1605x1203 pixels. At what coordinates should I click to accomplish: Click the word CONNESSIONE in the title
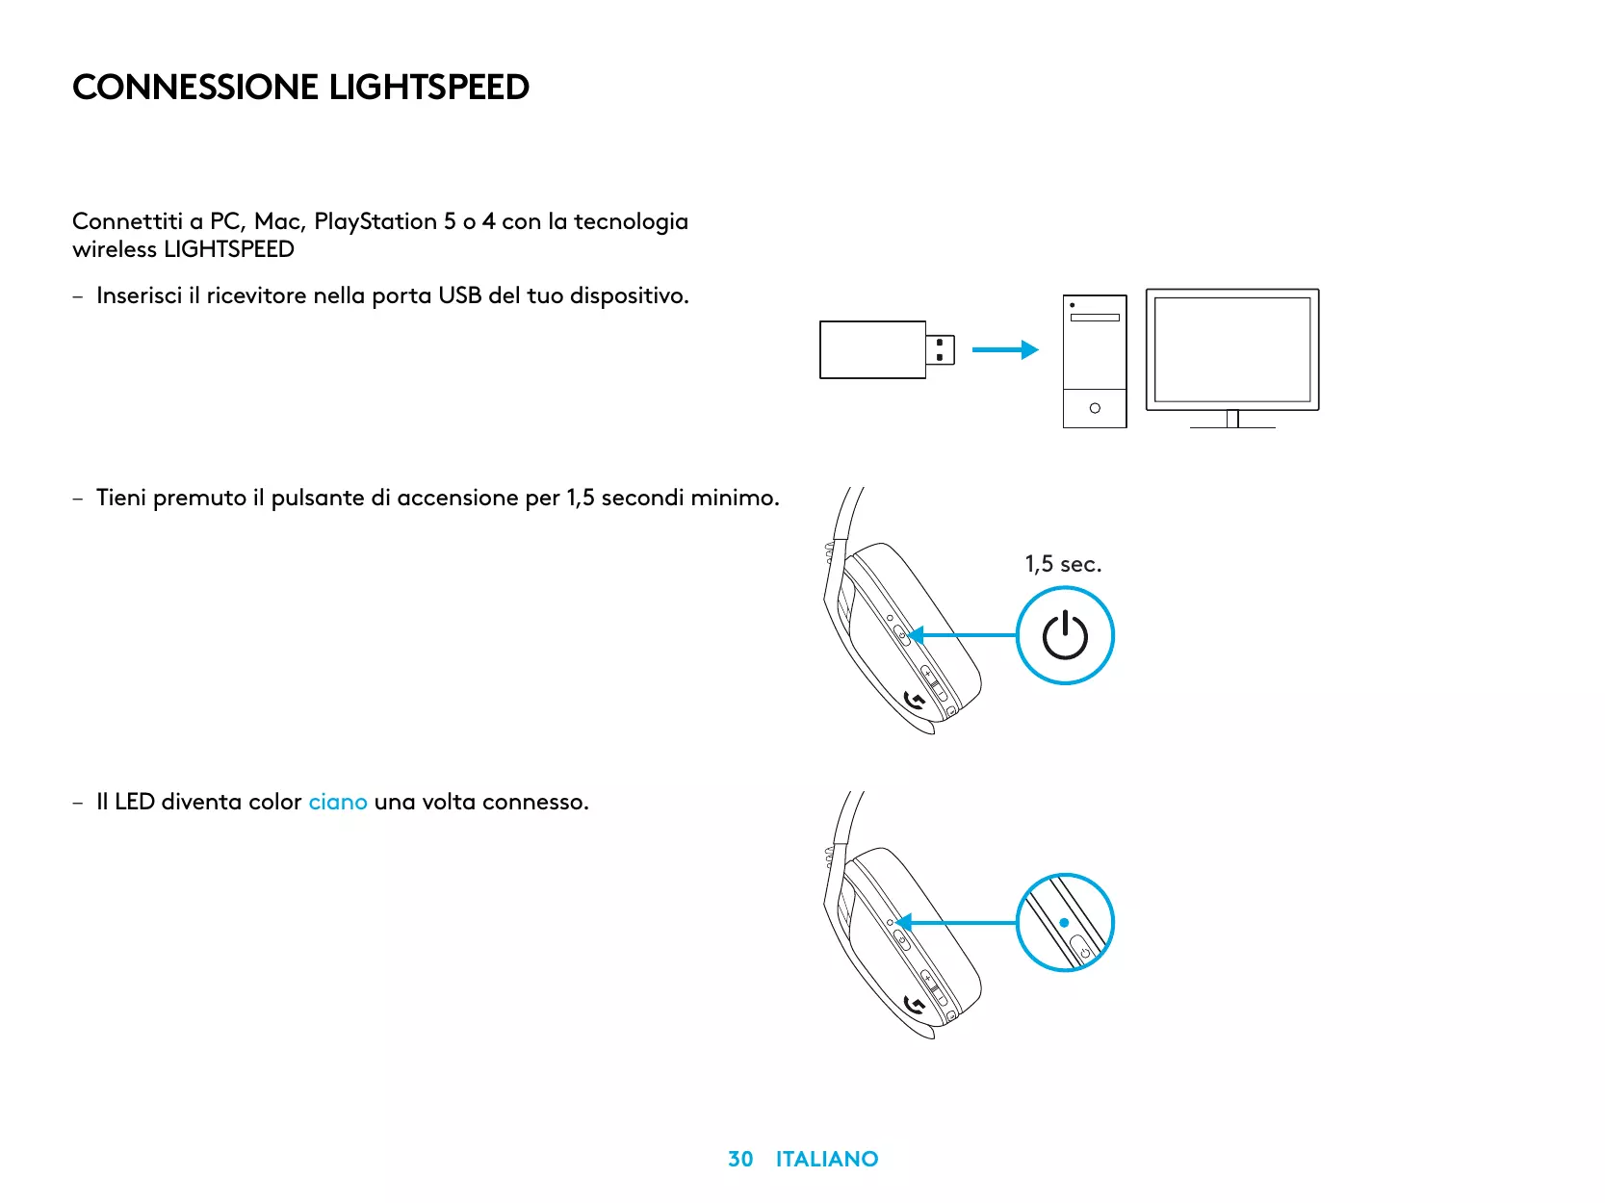coord(195,88)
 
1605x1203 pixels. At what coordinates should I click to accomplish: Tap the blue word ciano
coord(338,802)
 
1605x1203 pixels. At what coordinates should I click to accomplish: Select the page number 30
coord(740,1159)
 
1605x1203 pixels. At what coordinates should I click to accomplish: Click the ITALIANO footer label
coord(827,1159)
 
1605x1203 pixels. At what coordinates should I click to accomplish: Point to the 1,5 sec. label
coord(1063,564)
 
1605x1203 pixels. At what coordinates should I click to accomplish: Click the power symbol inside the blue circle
coord(1065,636)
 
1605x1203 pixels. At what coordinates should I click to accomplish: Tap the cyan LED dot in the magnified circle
coord(1064,922)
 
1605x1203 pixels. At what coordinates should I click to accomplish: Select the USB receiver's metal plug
coord(941,349)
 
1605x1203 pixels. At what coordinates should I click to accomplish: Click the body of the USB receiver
coord(872,349)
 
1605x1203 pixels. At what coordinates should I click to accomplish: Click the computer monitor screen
coord(1232,349)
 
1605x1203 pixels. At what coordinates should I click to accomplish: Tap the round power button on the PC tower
coord(1095,408)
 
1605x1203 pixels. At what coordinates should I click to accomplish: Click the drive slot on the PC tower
coord(1095,318)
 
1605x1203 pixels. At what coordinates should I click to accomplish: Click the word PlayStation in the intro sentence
coord(375,221)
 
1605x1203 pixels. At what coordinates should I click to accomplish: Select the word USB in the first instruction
coord(459,295)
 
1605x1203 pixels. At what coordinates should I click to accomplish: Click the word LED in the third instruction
coord(135,802)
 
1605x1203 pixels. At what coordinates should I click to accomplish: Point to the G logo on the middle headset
coord(915,701)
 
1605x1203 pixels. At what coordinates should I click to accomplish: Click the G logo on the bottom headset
coord(915,1006)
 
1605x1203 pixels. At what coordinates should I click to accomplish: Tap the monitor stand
coord(1232,420)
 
